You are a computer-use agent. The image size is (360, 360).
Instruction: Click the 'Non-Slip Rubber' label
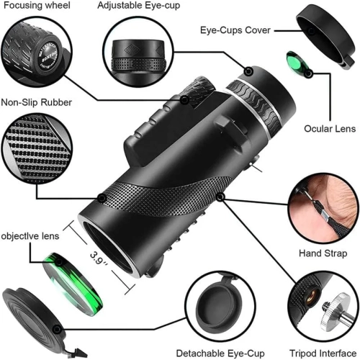click(x=36, y=102)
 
